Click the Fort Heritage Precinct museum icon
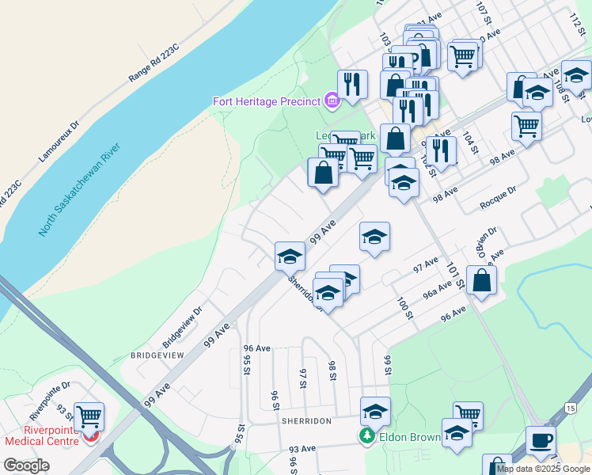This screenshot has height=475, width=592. tap(332, 101)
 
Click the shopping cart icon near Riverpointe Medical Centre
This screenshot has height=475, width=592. tap(89, 415)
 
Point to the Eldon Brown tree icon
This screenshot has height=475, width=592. tap(366, 436)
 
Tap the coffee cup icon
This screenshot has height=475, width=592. tap(541, 439)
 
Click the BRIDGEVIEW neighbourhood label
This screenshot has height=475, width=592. tap(157, 355)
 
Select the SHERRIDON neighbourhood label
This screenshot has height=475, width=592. tap(305, 421)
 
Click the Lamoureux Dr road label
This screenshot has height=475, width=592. tap(59, 142)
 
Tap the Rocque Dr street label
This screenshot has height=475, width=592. tap(498, 199)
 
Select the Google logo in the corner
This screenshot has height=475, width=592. tap(26, 465)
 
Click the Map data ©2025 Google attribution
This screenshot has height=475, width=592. tap(543, 469)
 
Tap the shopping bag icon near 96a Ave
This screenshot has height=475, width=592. tap(481, 279)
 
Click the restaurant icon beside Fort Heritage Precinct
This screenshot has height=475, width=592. tap(352, 83)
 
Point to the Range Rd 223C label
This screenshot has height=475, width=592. tap(154, 63)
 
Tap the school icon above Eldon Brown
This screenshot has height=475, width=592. tap(375, 412)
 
